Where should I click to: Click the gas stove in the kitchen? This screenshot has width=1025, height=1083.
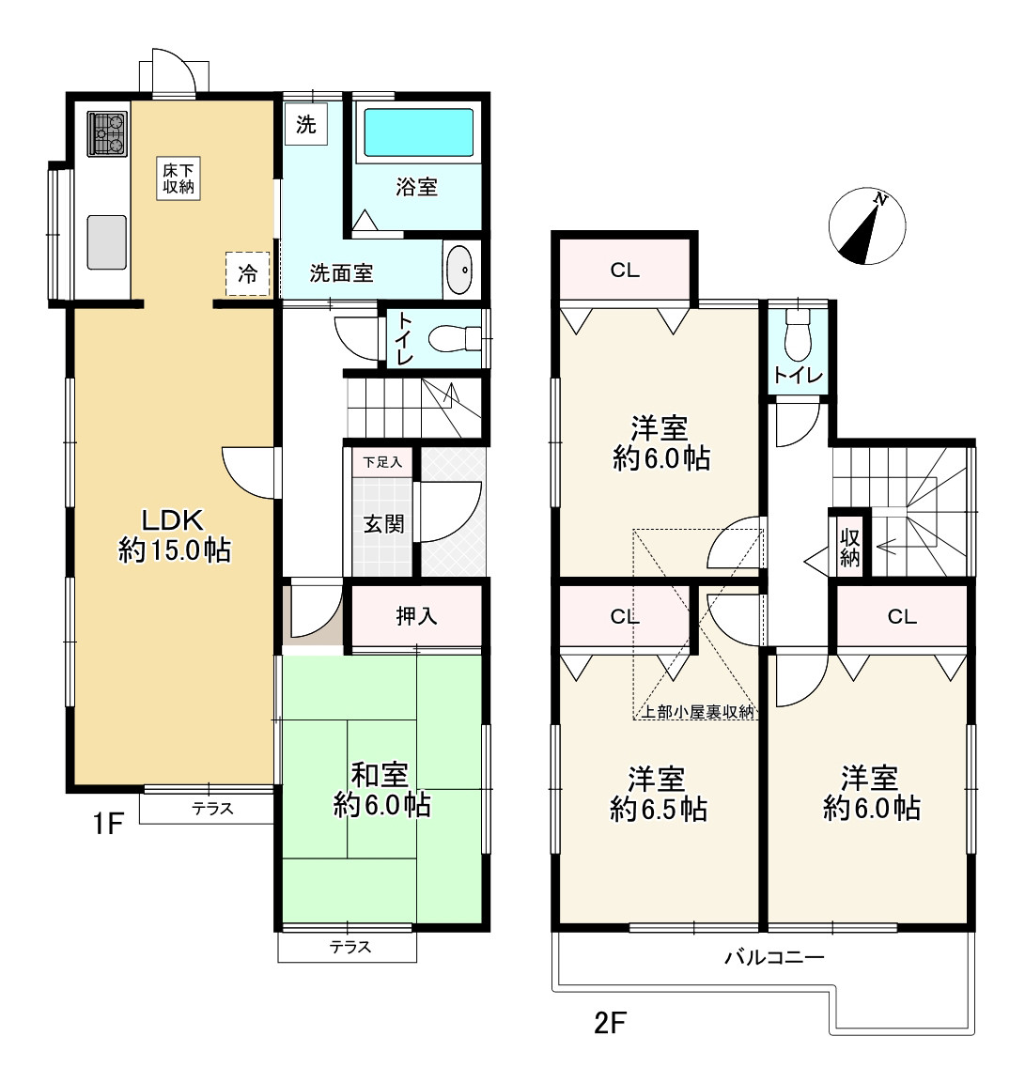[x=107, y=134]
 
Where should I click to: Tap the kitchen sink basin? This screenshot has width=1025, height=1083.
[x=106, y=241]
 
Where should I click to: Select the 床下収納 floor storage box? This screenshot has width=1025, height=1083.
[x=179, y=178]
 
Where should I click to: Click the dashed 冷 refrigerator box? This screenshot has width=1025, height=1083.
[x=247, y=274]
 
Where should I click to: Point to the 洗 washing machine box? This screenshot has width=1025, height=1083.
[x=306, y=124]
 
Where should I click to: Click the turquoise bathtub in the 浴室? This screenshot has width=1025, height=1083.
[x=419, y=132]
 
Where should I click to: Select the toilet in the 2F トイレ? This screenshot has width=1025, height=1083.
[x=798, y=335]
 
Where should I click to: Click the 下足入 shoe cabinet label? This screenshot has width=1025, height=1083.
[x=382, y=461]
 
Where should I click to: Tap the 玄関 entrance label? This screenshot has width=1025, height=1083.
[x=384, y=524]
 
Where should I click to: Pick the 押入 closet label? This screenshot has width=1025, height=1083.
[x=416, y=616]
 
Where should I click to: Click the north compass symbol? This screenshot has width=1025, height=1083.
[x=867, y=225]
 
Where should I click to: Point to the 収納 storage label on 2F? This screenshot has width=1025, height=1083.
[x=850, y=547]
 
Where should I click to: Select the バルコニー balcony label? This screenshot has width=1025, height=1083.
[x=774, y=957]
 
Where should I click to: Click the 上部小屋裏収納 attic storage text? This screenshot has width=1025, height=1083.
[x=698, y=712]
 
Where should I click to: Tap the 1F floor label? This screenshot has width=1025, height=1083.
[x=108, y=824]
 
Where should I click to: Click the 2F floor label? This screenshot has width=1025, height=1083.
[x=611, y=1022]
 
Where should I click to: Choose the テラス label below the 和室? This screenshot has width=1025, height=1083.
[x=350, y=947]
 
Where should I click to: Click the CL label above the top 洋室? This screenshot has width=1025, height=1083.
[x=625, y=271]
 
